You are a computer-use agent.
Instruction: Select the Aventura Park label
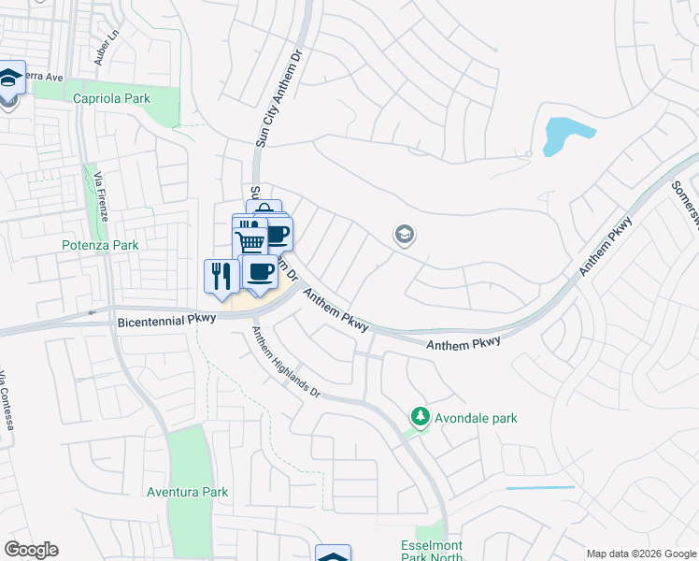click(x=187, y=491)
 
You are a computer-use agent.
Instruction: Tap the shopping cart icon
click(x=250, y=241)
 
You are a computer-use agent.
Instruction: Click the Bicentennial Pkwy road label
click(x=168, y=319)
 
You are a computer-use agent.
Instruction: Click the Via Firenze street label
click(x=100, y=194)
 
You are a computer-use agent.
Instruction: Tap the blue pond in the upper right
click(x=566, y=137)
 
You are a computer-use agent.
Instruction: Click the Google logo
click(x=31, y=550)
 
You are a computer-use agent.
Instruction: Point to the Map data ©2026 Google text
click(x=640, y=554)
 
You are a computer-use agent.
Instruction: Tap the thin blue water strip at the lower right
click(x=540, y=487)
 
